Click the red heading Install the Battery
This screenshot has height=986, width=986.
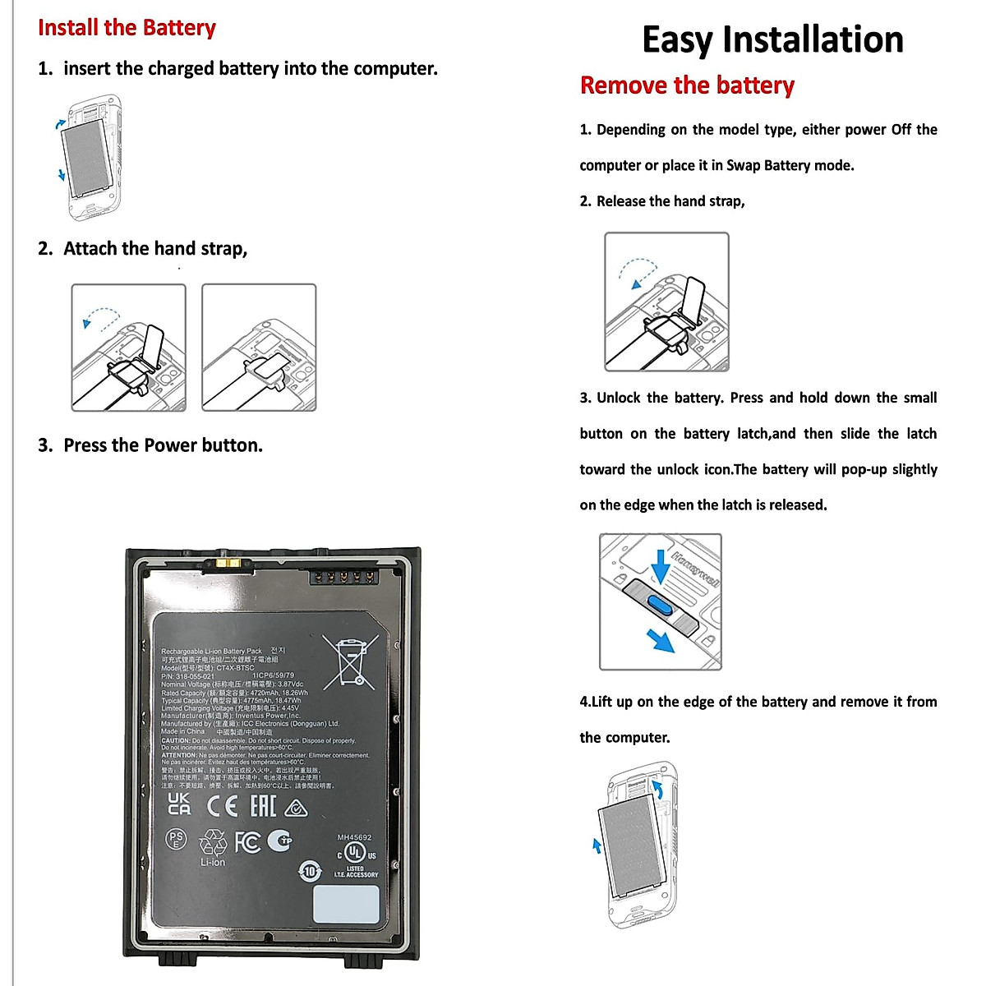(127, 28)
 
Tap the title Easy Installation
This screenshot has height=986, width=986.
(772, 39)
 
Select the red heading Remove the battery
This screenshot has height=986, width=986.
(687, 85)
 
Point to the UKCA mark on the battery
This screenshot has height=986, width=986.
(179, 804)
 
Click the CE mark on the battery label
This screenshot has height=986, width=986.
(223, 806)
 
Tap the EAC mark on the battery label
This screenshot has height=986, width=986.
(263, 805)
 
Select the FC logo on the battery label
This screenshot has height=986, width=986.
(247, 841)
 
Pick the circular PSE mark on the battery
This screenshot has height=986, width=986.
(176, 839)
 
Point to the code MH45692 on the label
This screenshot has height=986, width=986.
(354, 837)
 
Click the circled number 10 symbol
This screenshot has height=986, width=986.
(310, 870)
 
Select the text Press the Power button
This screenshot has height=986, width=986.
(163, 445)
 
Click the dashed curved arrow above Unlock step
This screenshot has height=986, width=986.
(638, 272)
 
